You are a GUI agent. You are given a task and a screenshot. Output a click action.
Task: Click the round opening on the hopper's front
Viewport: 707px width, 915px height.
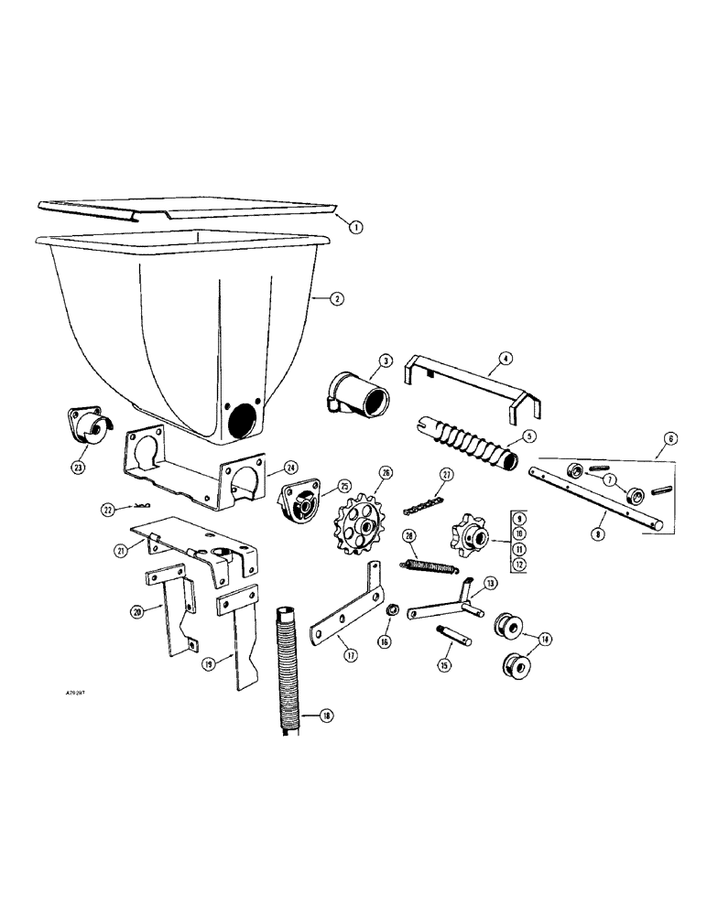tap(243, 421)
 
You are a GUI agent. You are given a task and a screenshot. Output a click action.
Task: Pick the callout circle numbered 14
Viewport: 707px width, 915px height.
tap(548, 640)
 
